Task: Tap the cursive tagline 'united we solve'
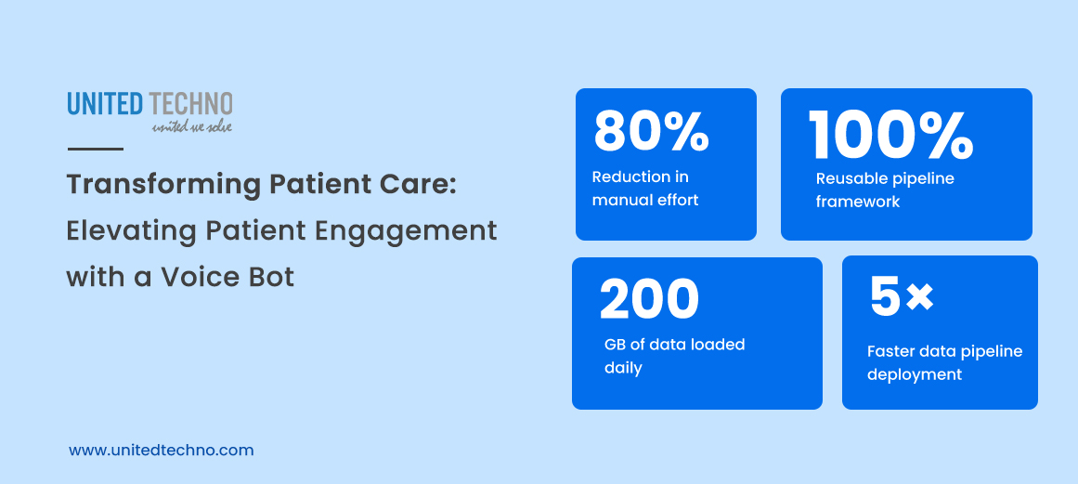(x=192, y=125)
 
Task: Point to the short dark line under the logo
(x=95, y=149)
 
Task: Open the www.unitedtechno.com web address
(x=161, y=450)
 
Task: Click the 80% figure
(x=652, y=132)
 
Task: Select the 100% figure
(x=890, y=136)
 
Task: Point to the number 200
(x=649, y=300)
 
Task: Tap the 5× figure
(x=901, y=296)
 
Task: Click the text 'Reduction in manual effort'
(x=645, y=188)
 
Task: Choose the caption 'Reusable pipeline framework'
(x=885, y=190)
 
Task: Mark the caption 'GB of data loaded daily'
(x=674, y=356)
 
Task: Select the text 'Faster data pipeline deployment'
(x=944, y=362)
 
